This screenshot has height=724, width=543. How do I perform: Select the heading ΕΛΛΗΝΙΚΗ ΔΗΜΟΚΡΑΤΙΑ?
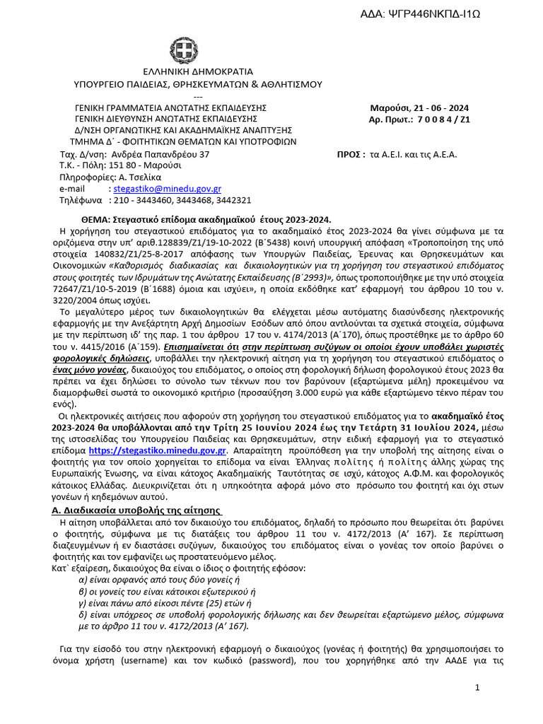[x=198, y=72]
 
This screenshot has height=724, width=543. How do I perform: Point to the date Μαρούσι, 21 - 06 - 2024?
[x=420, y=108]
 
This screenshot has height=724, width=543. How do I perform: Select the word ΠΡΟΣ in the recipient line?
[x=351, y=154]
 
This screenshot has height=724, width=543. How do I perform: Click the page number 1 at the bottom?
[x=477, y=687]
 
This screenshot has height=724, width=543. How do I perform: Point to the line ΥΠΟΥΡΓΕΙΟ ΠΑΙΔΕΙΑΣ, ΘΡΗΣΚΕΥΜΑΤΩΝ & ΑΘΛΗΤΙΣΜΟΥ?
[x=198, y=84]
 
